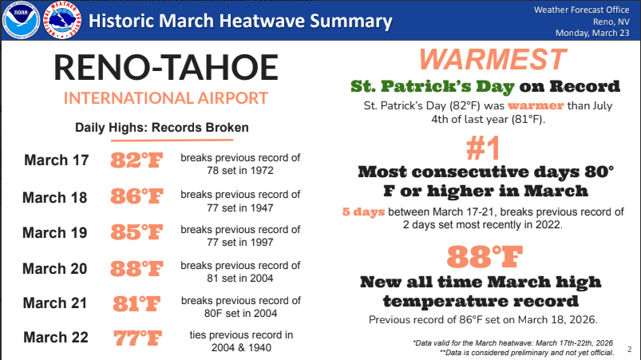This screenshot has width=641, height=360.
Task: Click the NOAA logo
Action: pyautogui.click(x=21, y=20)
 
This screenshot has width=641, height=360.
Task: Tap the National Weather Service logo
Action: pyautogui.click(x=61, y=20)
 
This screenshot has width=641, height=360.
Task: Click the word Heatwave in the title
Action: pyautogui.click(x=259, y=22)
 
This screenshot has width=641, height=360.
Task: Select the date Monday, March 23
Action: pyautogui.click(x=592, y=33)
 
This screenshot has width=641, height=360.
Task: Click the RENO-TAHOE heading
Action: pyautogui.click(x=166, y=67)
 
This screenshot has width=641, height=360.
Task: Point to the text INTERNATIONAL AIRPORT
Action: pyautogui.click(x=165, y=98)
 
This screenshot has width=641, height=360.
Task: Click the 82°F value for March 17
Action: pyautogui.click(x=137, y=160)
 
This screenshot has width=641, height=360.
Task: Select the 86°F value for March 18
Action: pyautogui.click(x=137, y=196)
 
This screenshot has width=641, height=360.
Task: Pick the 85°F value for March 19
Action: pyautogui.click(x=137, y=232)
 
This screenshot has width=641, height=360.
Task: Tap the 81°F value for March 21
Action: pyautogui.click(x=137, y=304)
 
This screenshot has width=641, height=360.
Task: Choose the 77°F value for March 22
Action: pyautogui.click(x=137, y=338)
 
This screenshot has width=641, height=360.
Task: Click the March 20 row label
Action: pyautogui.click(x=55, y=269)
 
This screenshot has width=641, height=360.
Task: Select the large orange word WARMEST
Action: pyautogui.click(x=493, y=60)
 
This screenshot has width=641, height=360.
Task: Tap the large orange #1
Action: pyautogui.click(x=483, y=148)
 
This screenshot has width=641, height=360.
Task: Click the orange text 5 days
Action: pyautogui.click(x=363, y=212)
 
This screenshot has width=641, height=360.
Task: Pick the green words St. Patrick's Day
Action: pyautogui.click(x=432, y=87)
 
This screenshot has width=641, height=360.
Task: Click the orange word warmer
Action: pyautogui.click(x=536, y=106)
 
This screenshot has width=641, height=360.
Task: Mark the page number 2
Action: pyautogui.click(x=630, y=350)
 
